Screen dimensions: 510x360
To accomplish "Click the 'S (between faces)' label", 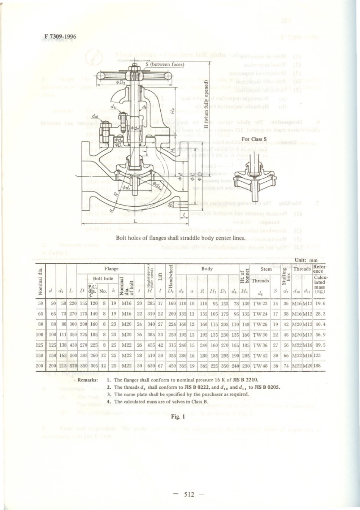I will [165, 64].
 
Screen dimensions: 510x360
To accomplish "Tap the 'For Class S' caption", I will [254, 139].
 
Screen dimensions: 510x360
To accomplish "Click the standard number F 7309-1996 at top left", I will [60, 37].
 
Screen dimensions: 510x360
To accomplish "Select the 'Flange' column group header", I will [111, 269].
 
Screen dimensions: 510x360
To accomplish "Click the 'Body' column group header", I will [207, 269].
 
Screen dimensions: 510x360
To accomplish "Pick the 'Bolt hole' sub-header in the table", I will [103, 278].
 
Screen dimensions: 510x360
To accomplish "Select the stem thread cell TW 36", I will [260, 345].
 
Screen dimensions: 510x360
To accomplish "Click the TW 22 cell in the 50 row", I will [260, 303].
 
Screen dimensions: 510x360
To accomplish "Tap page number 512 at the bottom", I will [188, 494].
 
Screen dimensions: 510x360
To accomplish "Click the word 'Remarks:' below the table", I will [88, 380].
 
